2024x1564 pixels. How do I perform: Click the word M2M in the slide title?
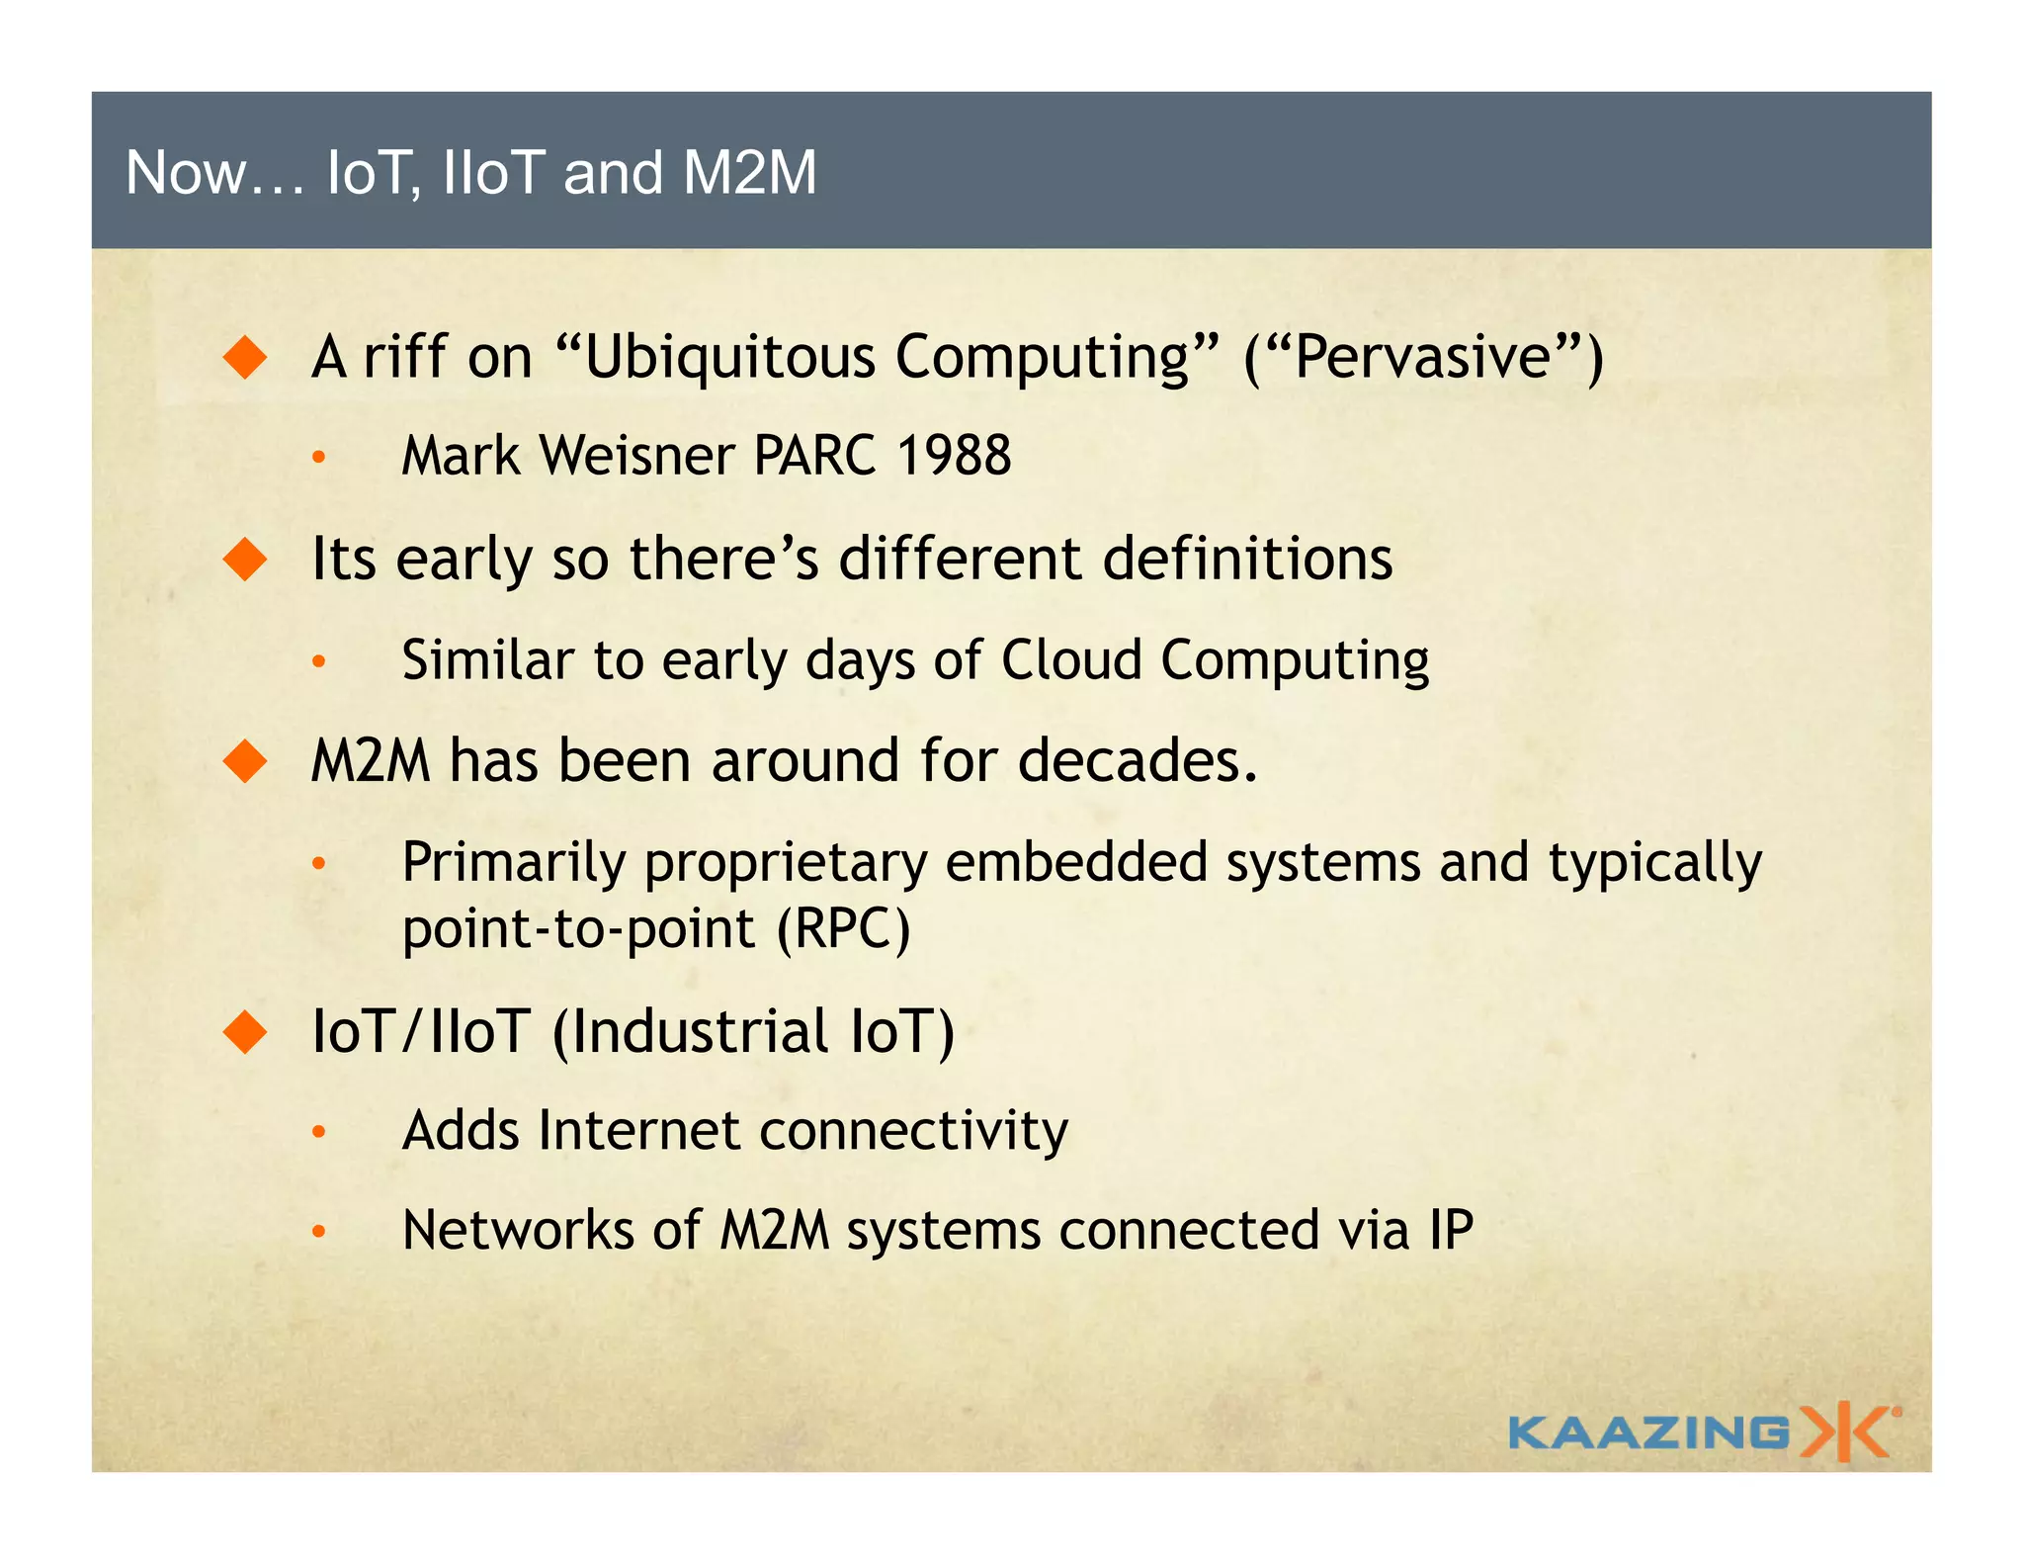tap(749, 173)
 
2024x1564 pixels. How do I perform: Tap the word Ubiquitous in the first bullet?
tap(730, 357)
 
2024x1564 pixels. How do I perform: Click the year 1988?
tap(954, 456)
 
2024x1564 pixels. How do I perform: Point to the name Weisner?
tap(637, 456)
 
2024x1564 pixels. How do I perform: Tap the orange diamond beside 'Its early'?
tap(245, 560)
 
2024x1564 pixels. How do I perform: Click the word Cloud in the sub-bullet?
tap(1071, 659)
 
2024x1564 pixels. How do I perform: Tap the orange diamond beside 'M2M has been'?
tap(245, 761)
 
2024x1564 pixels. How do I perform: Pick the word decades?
tap(1137, 761)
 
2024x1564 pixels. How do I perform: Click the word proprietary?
tap(786, 862)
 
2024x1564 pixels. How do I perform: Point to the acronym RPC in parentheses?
tap(843, 929)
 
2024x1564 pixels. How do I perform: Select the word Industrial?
tap(700, 1031)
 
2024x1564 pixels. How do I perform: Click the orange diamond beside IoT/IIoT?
tap(245, 1032)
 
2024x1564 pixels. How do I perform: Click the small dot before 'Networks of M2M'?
tap(318, 1232)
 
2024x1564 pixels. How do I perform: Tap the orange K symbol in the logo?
tap(1846, 1432)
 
